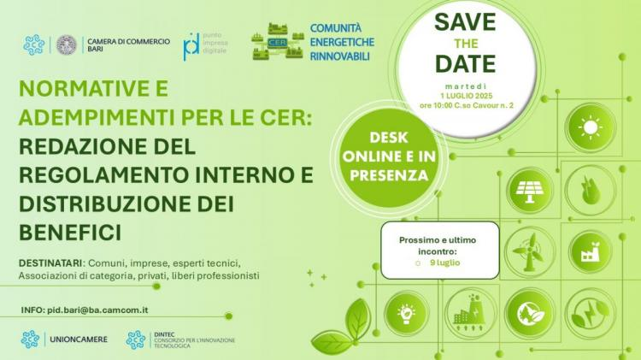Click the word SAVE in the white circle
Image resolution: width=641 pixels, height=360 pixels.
click(x=465, y=22)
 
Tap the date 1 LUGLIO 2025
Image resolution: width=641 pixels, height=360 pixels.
click(x=467, y=96)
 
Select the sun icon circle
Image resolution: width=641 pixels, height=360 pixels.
click(x=591, y=127)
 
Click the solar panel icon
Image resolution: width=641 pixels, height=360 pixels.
click(x=530, y=190)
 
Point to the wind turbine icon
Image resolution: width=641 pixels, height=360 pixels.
click(x=530, y=251)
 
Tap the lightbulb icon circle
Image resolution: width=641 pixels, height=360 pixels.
click(x=406, y=313)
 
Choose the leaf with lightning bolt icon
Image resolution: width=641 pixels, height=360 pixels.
click(x=591, y=313)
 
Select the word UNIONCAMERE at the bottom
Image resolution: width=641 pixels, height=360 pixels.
click(x=79, y=339)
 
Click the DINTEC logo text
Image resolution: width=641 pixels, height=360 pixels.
click(x=194, y=340)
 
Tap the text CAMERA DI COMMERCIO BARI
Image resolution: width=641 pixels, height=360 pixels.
click(x=128, y=45)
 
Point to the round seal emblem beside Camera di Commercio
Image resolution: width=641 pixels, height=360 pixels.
click(x=66, y=44)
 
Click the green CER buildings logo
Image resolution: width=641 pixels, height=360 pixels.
click(x=278, y=42)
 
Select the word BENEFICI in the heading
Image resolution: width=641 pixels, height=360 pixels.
click(x=70, y=233)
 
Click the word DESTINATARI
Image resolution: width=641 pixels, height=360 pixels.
click(x=50, y=263)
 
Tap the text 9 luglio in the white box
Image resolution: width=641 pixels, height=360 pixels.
click(x=444, y=263)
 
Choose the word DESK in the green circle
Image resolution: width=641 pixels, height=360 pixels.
click(x=389, y=138)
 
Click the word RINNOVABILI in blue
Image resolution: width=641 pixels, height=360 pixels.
click(x=339, y=56)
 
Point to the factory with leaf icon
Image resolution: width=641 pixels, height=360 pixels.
click(x=591, y=251)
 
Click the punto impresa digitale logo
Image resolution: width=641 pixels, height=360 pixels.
click(x=205, y=46)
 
